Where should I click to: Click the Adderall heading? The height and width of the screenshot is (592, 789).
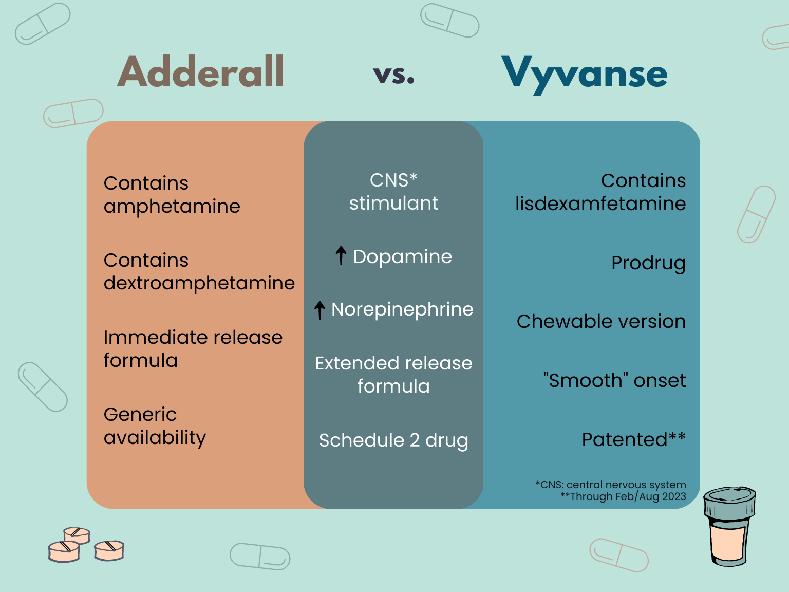pos(201,72)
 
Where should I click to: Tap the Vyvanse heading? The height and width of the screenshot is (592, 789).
pos(584,73)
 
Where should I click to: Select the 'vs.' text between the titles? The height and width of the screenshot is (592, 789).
pos(394,75)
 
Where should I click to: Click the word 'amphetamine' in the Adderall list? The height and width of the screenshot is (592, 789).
pos(172,207)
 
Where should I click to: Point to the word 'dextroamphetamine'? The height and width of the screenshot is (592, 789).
pos(199,283)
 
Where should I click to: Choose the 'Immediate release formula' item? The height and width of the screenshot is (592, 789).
pos(193,348)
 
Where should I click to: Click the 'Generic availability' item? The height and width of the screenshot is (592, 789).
pos(155,425)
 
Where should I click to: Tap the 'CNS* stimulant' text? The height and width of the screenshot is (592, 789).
pos(393,192)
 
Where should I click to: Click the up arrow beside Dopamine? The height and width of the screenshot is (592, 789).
pos(341,255)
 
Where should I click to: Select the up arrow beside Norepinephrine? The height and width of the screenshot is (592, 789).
pos(320,309)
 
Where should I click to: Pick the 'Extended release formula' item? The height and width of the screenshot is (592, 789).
pos(393,375)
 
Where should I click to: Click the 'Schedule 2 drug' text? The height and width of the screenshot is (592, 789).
pos(393,440)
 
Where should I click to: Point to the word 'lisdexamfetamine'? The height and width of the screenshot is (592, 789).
pos(600,203)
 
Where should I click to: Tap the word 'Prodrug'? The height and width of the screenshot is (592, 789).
pos(648,263)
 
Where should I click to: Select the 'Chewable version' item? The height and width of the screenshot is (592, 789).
pos(601,321)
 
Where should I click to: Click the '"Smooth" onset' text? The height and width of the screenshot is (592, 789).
pos(614,380)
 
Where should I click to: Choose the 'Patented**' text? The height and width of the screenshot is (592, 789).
pos(633,439)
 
